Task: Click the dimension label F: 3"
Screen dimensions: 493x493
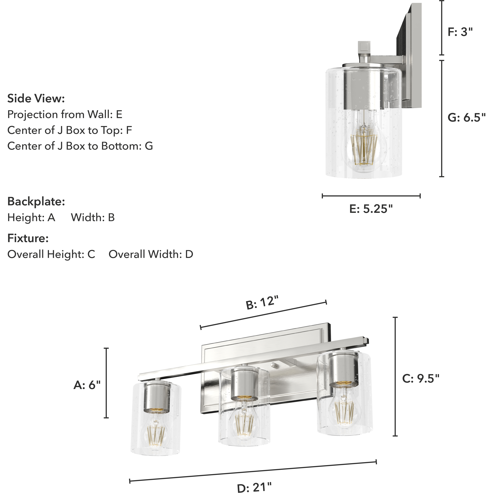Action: [460, 32]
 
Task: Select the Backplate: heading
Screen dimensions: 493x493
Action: [36, 202]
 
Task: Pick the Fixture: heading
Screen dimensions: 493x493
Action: [28, 238]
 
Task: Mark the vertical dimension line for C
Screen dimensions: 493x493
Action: [395, 376]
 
